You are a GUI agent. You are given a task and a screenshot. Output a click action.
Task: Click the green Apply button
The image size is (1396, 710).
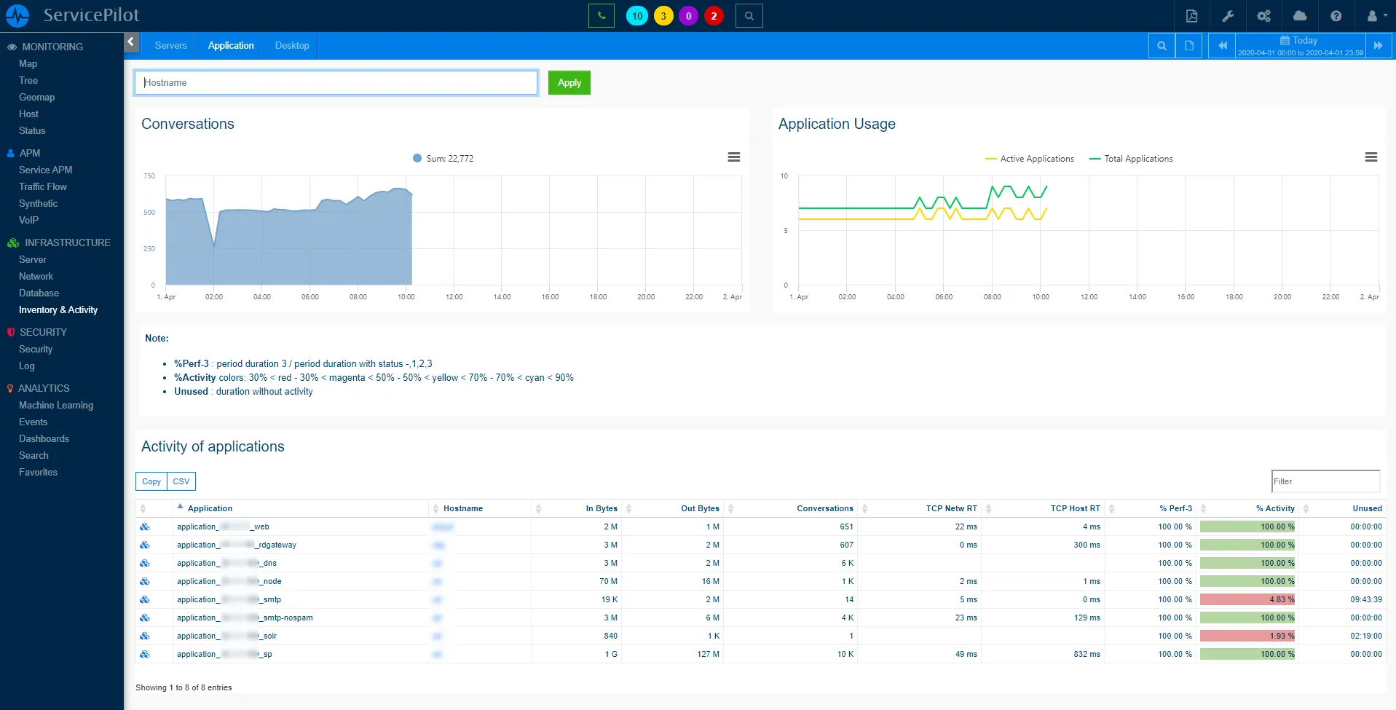569,82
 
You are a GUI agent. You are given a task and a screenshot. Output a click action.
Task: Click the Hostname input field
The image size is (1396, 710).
336,82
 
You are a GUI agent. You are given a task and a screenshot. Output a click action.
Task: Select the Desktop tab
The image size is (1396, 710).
292,45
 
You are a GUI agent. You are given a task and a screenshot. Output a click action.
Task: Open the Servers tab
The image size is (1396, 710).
170,45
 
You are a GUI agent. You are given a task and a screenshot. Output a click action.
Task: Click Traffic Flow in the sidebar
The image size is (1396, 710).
43,186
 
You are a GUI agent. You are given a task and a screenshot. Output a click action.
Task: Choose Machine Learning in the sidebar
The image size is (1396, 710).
56,405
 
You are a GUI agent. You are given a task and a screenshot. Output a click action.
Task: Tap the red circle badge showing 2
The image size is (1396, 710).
714,15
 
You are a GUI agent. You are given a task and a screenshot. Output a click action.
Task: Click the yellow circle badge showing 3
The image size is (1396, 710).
663,15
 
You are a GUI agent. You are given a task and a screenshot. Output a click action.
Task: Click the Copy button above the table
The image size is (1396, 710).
151,481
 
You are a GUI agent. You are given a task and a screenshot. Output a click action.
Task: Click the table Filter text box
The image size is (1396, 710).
1325,481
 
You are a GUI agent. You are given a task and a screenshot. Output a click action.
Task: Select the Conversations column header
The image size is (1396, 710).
824,508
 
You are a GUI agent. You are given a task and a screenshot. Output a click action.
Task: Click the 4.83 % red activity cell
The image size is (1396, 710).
1247,599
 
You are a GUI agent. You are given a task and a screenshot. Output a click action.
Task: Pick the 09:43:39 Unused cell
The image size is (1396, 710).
1365,599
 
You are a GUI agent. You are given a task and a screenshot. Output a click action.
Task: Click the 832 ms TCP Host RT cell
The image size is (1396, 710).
1086,654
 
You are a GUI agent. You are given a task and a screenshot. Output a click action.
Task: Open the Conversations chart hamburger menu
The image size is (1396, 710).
734,157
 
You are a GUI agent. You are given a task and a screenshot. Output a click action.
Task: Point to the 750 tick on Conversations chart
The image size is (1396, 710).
149,176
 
